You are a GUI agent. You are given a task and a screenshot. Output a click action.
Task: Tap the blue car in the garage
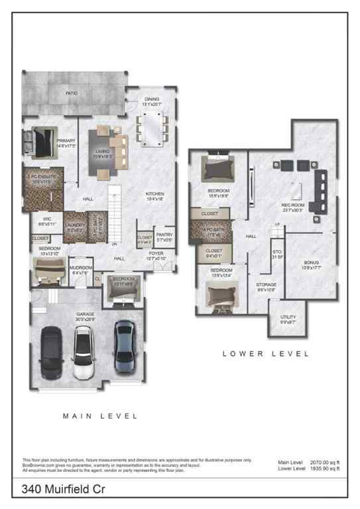(x=125, y=345)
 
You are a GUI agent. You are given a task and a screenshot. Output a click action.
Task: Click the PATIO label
(x=72, y=93)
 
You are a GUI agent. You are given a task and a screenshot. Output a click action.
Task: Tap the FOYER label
(x=156, y=253)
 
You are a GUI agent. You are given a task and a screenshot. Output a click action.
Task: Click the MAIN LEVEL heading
(x=100, y=416)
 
